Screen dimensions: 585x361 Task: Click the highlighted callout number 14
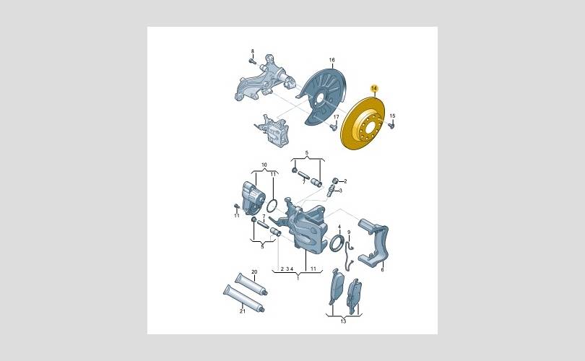pyautogui.click(x=374, y=88)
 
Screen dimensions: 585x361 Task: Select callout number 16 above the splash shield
pyautogui.click(x=331, y=60)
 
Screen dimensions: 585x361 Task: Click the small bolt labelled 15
pyautogui.click(x=391, y=126)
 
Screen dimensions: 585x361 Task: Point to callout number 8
pyautogui.click(x=252, y=51)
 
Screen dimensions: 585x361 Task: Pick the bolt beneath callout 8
pyautogui.click(x=252, y=61)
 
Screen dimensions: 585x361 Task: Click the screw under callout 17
pyautogui.click(x=333, y=127)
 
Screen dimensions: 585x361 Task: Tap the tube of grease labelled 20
pyautogui.click(x=251, y=284)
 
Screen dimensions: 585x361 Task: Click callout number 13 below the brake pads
pyautogui.click(x=343, y=321)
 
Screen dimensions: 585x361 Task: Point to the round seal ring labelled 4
pyautogui.click(x=336, y=243)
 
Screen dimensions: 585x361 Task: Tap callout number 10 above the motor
pyautogui.click(x=264, y=165)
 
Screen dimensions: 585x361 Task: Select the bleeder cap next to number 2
pyautogui.click(x=334, y=181)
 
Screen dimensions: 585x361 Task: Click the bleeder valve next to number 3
pyautogui.click(x=330, y=191)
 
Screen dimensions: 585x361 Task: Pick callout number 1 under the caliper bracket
pyautogui.click(x=298, y=278)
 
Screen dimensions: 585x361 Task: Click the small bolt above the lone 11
pyautogui.click(x=235, y=206)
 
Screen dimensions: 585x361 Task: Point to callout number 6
pyautogui.click(x=382, y=269)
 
